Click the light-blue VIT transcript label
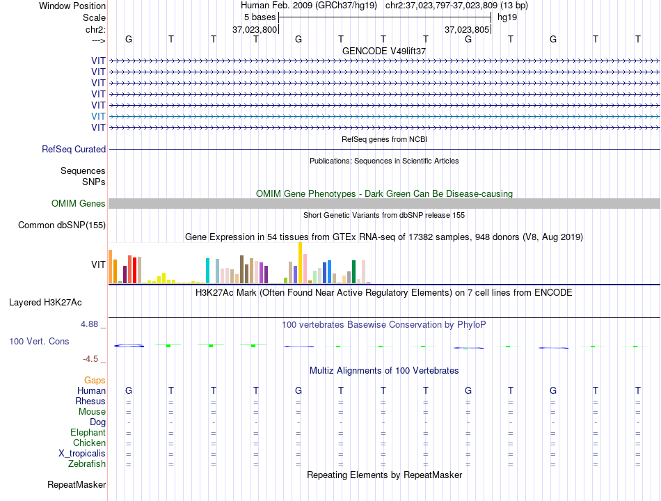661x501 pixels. [x=98, y=116]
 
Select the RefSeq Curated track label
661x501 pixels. [x=74, y=150]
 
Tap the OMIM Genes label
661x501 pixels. [x=79, y=204]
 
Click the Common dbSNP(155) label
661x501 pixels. [x=62, y=225]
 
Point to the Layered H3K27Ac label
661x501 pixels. [x=45, y=303]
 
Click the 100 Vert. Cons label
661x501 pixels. [x=39, y=341]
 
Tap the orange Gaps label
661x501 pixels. [x=95, y=381]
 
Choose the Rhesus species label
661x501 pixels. [x=90, y=401]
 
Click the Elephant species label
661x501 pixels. [x=88, y=433]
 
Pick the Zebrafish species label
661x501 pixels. [x=87, y=464]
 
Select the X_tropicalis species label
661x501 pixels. [x=82, y=454]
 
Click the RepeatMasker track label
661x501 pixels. [x=77, y=485]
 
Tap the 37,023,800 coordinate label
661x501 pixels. [x=255, y=29]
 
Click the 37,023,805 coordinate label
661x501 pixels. [x=467, y=29]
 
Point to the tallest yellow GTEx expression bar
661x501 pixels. [x=300, y=263]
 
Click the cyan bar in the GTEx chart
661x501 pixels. [x=207, y=271]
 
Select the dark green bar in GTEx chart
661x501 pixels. [x=353, y=272]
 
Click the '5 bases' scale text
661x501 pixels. [x=260, y=17]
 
